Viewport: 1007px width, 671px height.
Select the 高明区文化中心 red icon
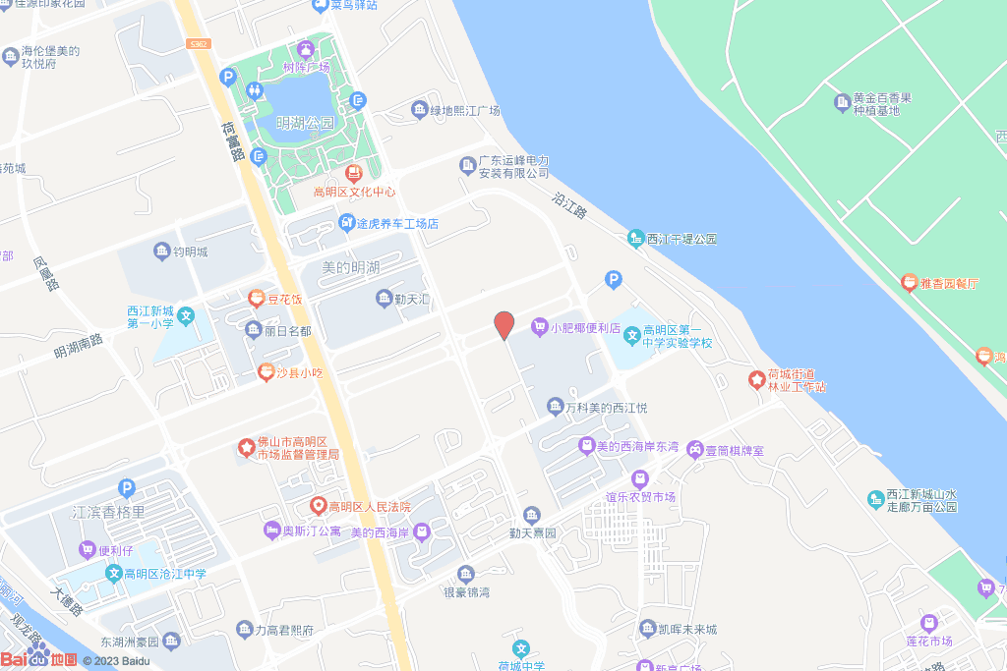[353, 173]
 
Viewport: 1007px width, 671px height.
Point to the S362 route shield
[200, 44]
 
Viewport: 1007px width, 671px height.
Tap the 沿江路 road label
[568, 202]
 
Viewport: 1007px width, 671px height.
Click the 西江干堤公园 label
[682, 239]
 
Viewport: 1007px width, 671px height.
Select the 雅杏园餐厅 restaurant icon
[910, 283]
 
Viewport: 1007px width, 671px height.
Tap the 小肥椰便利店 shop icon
[539, 327]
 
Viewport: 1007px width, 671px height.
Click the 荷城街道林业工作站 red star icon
[756, 379]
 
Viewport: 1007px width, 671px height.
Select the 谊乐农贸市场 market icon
[640, 479]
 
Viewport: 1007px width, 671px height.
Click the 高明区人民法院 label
[369, 507]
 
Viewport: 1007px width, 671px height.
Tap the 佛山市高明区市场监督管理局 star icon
[246, 448]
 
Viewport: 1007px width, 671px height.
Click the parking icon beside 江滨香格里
[125, 487]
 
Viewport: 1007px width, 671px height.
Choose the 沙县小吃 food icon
[264, 372]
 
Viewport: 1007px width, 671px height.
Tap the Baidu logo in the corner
[39, 660]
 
